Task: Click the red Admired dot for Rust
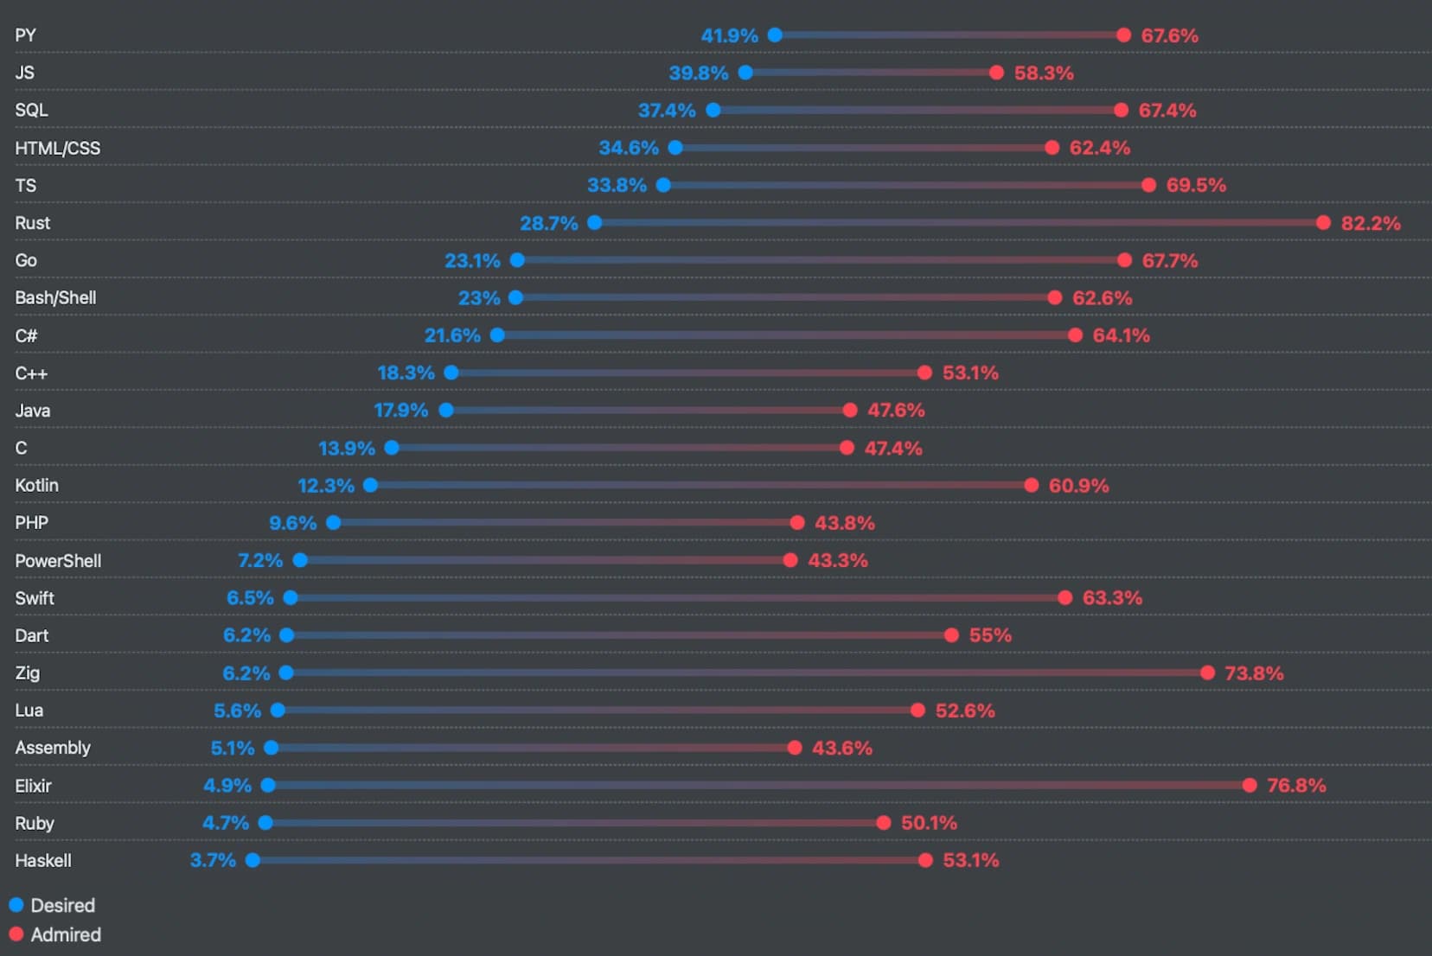click(x=1323, y=223)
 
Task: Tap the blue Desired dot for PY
click(x=775, y=35)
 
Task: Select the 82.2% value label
click(x=1371, y=223)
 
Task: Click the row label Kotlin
click(x=37, y=485)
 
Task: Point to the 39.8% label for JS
click(x=699, y=73)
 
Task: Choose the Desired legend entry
click(x=53, y=905)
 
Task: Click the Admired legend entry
click(x=55, y=934)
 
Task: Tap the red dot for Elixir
click(x=1250, y=785)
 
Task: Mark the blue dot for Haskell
click(x=253, y=860)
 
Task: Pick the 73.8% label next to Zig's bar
click(x=1254, y=672)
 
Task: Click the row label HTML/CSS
click(x=58, y=148)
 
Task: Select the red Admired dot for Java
click(x=850, y=410)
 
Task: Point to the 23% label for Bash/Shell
click(x=479, y=297)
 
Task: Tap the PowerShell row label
click(x=58, y=560)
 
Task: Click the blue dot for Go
click(x=517, y=260)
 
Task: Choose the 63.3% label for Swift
click(x=1112, y=597)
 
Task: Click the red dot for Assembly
click(x=795, y=748)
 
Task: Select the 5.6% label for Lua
click(x=237, y=711)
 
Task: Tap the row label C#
click(x=26, y=335)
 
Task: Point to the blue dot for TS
click(x=663, y=185)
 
